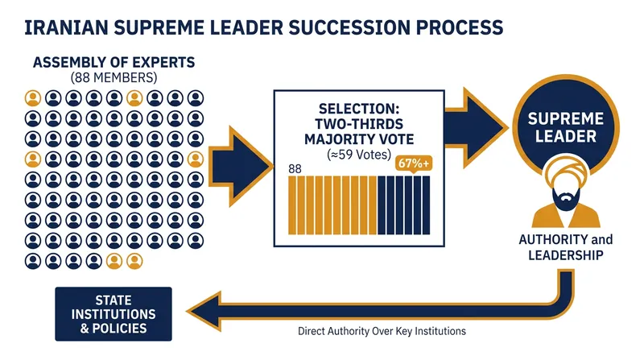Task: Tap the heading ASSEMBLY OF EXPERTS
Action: [x=114, y=63]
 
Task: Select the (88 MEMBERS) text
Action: [x=114, y=77]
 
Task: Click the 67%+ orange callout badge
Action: [x=414, y=163]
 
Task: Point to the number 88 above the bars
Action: [x=295, y=169]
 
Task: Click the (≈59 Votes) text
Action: [x=359, y=155]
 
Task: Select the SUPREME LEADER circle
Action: [x=566, y=127]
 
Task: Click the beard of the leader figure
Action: [x=566, y=199]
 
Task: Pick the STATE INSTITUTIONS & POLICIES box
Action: [x=114, y=314]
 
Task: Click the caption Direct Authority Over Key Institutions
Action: [x=382, y=331]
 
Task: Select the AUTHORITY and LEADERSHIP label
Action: [x=566, y=247]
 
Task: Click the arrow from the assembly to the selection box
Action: [x=240, y=167]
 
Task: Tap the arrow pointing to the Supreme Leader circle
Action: [x=477, y=128]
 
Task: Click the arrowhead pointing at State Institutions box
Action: [x=204, y=311]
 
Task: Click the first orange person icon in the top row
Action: [x=33, y=98]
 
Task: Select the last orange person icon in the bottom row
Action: [x=134, y=261]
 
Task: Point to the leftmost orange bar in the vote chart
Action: [x=292, y=205]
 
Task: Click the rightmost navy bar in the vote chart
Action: [x=427, y=205]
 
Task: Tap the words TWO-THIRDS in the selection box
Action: [x=359, y=124]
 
